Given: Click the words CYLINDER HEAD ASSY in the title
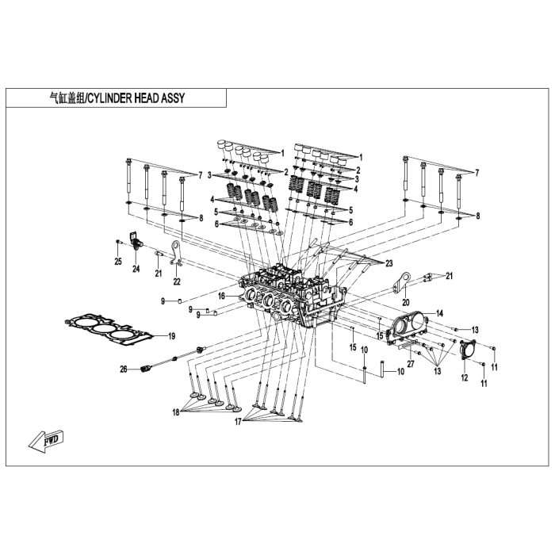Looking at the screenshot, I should click(x=140, y=98).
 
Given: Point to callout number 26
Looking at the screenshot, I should click(x=123, y=369).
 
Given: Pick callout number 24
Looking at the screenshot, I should click(x=136, y=269).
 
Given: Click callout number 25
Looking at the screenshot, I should click(x=117, y=262).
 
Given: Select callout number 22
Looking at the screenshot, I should click(x=177, y=281).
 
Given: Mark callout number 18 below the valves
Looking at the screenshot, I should click(x=176, y=412).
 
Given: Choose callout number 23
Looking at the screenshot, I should click(x=388, y=262).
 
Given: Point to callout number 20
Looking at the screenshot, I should click(x=404, y=301).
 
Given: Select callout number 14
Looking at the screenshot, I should click(x=439, y=314).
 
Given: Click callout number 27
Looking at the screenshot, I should click(x=410, y=364).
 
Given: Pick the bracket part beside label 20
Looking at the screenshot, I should click(x=404, y=281).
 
